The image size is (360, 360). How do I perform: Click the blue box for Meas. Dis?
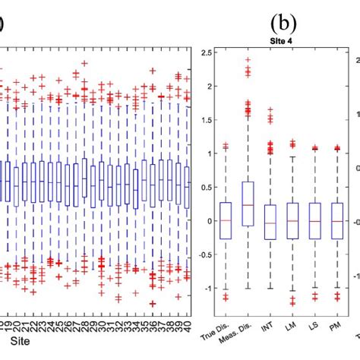coord(248,204)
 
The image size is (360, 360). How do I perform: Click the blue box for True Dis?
coord(225,220)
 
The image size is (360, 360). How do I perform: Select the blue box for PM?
coord(338,220)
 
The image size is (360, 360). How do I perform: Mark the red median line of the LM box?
coord(292,220)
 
